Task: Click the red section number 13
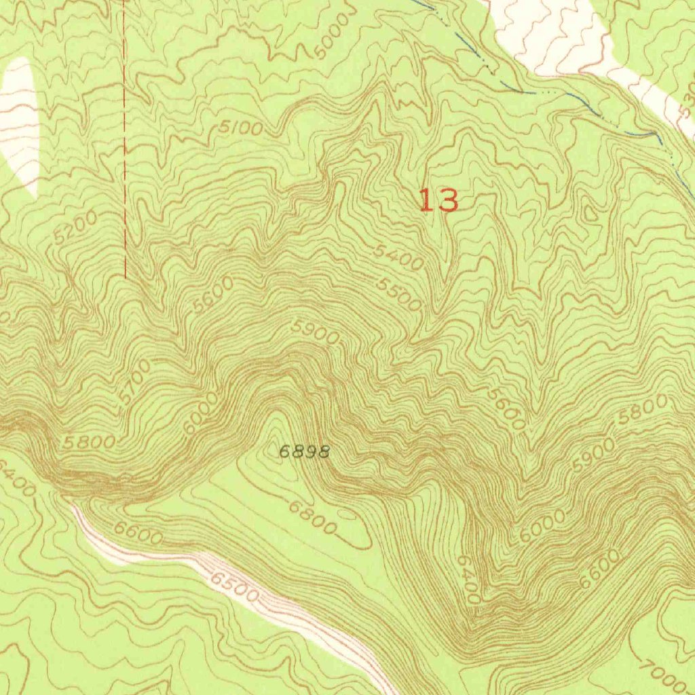tap(438, 201)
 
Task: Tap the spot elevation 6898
tap(305, 451)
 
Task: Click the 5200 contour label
tap(75, 227)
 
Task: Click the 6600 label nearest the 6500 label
tap(138, 533)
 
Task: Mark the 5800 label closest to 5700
tap(89, 443)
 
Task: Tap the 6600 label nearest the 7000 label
tap(599, 569)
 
